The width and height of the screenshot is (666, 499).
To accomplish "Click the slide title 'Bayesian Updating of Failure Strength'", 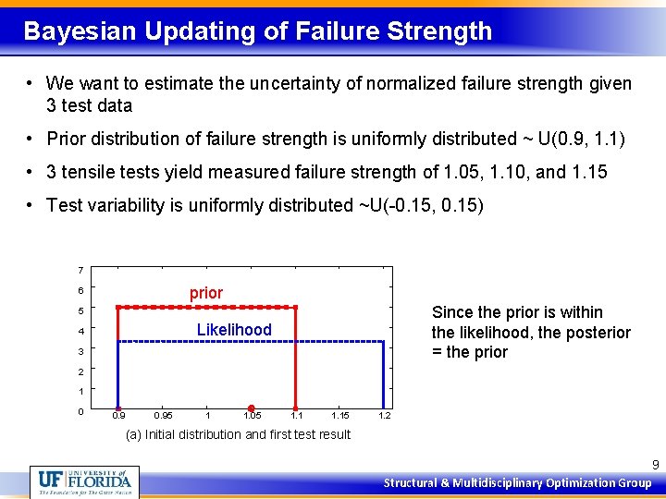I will pos(257,31).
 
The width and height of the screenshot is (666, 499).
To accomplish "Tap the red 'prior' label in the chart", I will pos(206,293).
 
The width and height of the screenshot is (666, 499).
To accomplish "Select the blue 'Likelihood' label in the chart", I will pos(234,330).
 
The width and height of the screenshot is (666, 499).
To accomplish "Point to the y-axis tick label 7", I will pos(81,271).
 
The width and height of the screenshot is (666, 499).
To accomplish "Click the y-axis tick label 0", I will pos(81,411).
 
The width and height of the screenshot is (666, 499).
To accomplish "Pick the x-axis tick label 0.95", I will pos(162,416).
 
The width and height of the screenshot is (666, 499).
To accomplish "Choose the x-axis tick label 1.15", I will pos(339,416).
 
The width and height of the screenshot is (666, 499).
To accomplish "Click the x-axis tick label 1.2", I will pos(385,416).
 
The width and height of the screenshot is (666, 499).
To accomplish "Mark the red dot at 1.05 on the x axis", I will pos(251,408).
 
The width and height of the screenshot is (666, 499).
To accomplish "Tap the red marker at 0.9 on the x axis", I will pos(117,408).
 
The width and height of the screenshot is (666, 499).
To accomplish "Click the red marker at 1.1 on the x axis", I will pos(295,408).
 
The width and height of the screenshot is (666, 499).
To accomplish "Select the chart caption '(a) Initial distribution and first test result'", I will pos(238,434).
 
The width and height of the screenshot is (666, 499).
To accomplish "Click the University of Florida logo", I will pos(83,481).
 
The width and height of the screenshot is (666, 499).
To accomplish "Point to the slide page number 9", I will pos(655,465).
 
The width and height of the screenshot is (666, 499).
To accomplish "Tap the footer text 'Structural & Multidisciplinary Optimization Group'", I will pos(517,483).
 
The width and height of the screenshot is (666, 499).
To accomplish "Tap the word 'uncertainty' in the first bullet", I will pos(293,84).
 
